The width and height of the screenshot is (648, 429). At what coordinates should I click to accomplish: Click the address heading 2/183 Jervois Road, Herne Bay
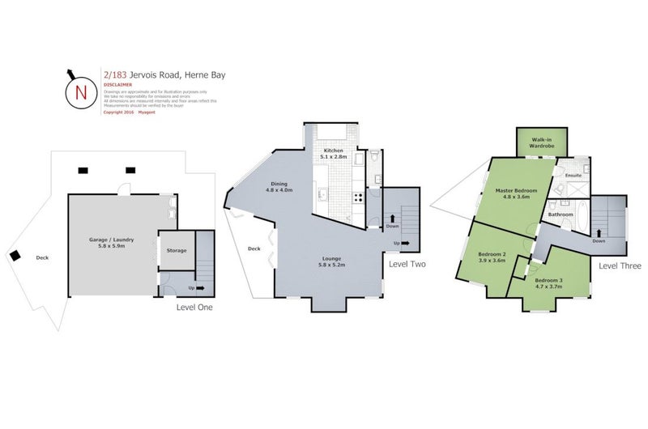[164, 74]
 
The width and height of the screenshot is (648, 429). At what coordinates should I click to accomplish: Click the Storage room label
[177, 250]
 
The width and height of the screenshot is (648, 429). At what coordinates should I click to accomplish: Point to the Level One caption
[196, 307]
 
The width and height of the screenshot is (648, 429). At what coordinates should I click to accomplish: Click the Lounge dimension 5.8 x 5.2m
[331, 265]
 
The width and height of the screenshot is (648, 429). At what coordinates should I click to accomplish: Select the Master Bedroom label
[517, 191]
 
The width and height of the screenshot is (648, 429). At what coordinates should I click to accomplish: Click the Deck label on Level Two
[254, 248]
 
